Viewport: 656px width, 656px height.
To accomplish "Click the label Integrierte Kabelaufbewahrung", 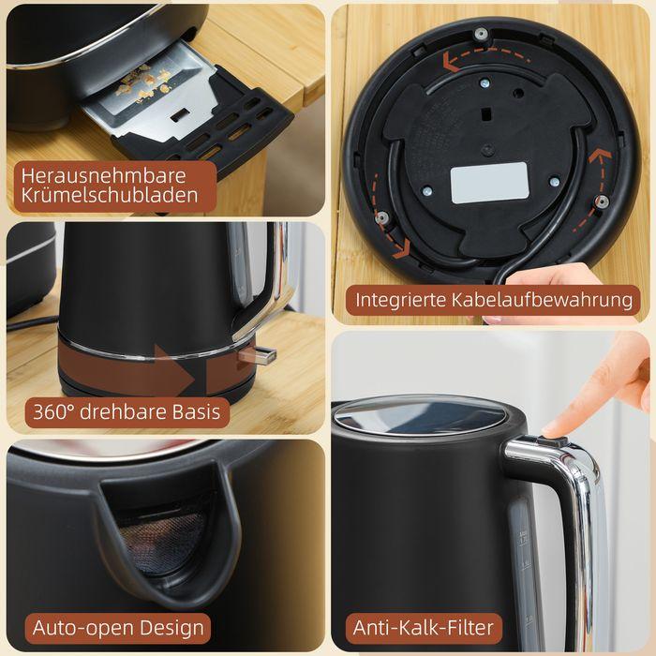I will click(x=493, y=301).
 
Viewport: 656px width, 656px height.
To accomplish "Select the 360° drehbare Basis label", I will click(x=126, y=410).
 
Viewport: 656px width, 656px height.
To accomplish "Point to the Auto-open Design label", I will click(x=118, y=627).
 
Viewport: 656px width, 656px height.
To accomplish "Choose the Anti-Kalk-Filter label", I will click(x=423, y=627).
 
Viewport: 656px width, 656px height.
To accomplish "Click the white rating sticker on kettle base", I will click(x=489, y=183).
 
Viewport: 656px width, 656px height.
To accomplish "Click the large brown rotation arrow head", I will click(x=178, y=370).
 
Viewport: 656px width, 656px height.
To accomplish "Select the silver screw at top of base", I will click(x=481, y=35).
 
